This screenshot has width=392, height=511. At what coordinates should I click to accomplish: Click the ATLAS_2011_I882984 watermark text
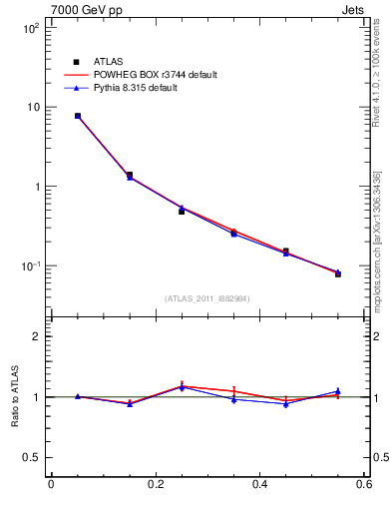click(207, 298)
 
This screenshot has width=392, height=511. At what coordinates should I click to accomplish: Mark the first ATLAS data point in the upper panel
click(77, 116)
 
